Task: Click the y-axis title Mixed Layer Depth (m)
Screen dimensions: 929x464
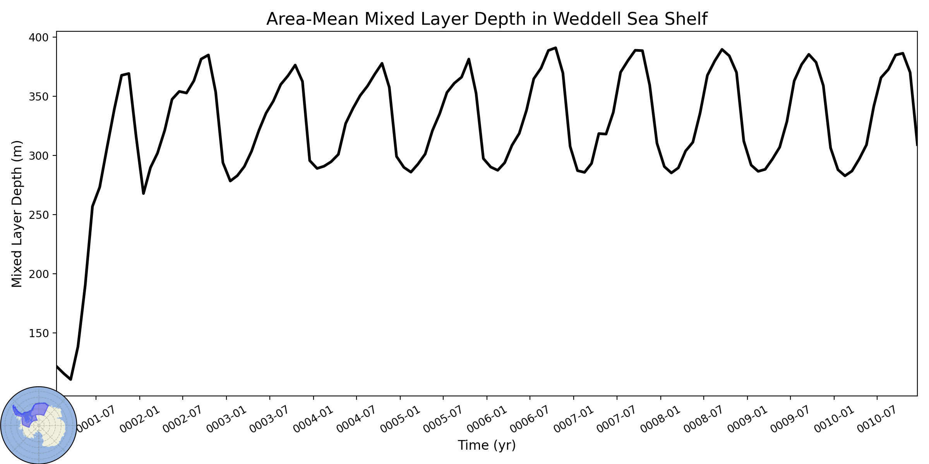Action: (x=17, y=214)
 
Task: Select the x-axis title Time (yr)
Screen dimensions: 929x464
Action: (x=487, y=445)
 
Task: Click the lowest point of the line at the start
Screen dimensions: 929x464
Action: (x=70, y=379)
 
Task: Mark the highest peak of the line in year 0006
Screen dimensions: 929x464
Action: (x=555, y=48)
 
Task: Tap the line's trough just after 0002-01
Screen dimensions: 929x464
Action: (x=144, y=193)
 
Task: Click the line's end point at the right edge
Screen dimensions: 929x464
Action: (x=917, y=145)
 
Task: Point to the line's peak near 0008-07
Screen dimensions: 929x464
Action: (x=722, y=49)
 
